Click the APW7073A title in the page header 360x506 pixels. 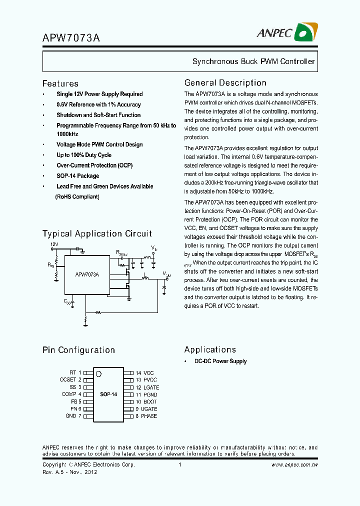[71, 37]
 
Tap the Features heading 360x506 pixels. [60, 84]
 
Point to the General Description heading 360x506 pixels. [225, 83]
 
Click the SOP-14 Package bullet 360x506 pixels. [77, 176]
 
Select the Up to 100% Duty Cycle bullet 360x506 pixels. [83, 155]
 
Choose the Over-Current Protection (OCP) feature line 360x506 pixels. [94, 165]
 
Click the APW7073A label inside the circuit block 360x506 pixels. [87, 274]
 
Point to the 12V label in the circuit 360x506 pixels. [54, 244]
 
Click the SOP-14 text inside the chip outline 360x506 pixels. [108, 394]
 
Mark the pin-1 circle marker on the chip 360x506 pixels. [99, 373]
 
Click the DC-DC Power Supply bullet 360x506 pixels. [220, 361]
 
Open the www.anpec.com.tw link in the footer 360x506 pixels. [294, 465]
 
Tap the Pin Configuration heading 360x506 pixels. [78, 350]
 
